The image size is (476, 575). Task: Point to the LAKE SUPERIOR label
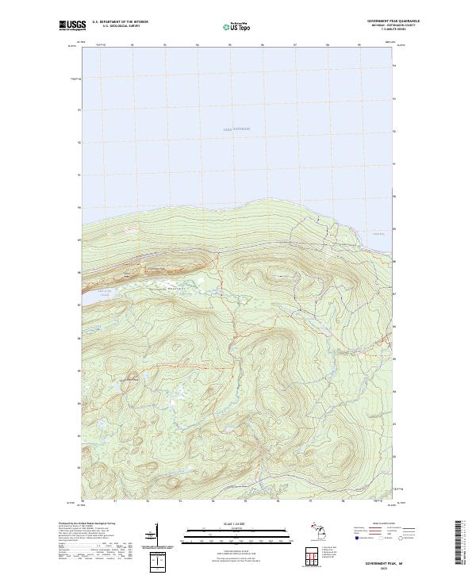point(236,128)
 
